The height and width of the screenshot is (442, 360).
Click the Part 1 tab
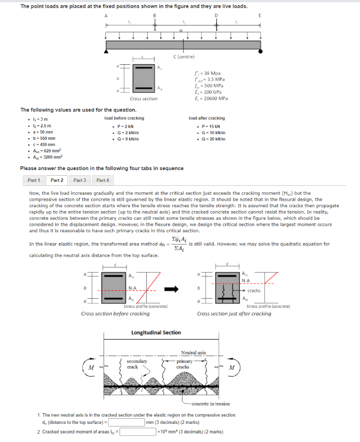pyautogui.click(x=34, y=180)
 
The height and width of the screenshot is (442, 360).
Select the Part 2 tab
pyautogui.click(x=57, y=180)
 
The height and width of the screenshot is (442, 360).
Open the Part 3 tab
pyautogui.click(x=79, y=180)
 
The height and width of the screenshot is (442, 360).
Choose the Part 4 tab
pyautogui.click(x=103, y=180)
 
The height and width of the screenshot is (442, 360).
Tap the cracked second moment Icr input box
pyautogui.click(x=138, y=431)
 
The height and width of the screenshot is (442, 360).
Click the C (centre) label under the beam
pyautogui.click(x=184, y=57)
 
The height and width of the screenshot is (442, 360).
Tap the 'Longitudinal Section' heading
pyautogui.click(x=156, y=332)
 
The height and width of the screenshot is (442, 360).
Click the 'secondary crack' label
pyautogui.click(x=136, y=364)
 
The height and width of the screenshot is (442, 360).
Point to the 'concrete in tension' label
pyautogui.click(x=211, y=404)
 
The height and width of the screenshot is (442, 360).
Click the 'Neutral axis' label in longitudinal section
pyautogui.click(x=193, y=353)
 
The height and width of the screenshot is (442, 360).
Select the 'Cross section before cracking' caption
pyautogui.click(x=115, y=313)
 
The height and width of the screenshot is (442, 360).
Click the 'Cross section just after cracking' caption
pyautogui.click(x=234, y=313)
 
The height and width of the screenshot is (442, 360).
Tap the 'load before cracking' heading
pyautogui.click(x=124, y=118)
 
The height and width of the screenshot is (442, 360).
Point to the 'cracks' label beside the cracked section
pyautogui.click(x=254, y=290)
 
